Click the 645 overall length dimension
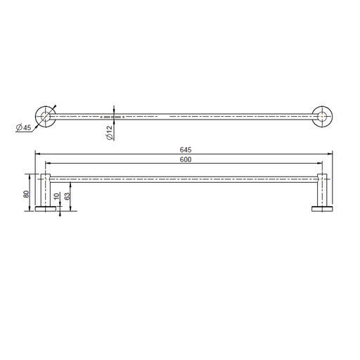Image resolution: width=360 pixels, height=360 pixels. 186,150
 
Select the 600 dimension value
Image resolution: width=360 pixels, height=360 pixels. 186,160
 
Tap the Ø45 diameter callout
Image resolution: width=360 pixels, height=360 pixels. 24,127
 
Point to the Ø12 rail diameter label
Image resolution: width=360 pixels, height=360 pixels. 110,133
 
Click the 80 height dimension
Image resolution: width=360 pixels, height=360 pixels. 26,194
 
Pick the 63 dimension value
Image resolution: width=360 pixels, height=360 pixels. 67,196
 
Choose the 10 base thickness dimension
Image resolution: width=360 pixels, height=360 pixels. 57,196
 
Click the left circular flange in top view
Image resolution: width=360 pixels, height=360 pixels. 46,117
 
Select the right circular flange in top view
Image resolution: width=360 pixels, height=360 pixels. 322,117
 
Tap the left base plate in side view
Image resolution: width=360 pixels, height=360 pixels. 46,209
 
